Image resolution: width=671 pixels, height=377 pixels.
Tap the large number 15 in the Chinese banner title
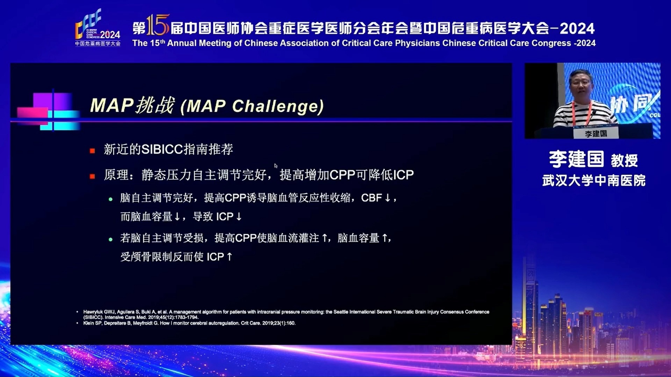158,25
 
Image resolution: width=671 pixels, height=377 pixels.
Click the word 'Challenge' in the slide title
278,106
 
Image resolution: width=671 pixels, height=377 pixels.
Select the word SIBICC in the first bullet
162,149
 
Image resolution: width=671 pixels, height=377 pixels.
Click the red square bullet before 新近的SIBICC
92,151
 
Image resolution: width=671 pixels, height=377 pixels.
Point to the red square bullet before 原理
92,176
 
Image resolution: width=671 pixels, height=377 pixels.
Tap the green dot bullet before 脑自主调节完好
110,199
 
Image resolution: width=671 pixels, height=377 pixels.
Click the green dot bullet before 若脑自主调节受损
110,239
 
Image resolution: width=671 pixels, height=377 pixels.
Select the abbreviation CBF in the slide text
371,198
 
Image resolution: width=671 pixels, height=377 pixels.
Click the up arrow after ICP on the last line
229,257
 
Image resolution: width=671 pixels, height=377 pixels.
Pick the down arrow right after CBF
387,198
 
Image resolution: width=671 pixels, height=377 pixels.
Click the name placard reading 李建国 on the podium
596,133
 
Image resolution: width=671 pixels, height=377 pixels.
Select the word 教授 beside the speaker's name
624,161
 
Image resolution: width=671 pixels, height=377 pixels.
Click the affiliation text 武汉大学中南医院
594,180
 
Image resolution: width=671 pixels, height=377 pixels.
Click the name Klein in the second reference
88,323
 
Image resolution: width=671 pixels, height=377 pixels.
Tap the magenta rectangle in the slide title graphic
33,113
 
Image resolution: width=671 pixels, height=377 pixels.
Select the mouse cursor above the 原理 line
276,166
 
